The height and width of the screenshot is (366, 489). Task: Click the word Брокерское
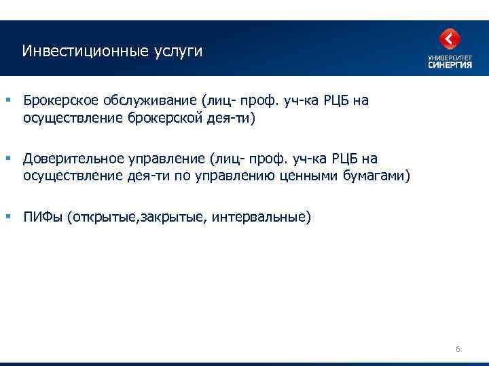[60, 101]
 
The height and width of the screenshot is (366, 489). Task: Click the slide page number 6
[458, 349]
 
